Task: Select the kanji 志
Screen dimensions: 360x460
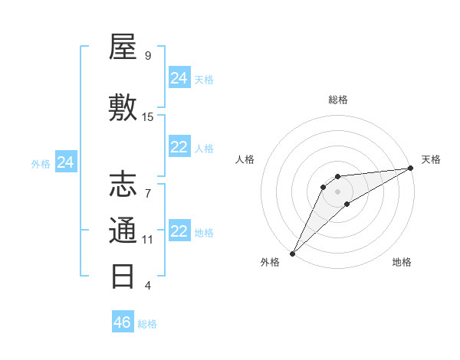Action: [x=123, y=185]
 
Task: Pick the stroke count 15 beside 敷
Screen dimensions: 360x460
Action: [x=148, y=117]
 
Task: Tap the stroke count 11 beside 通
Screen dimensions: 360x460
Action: [x=148, y=239]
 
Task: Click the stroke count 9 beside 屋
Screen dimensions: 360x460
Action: [x=148, y=56]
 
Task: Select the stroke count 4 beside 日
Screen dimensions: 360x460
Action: [x=148, y=285]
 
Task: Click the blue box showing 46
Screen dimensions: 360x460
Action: [x=123, y=322]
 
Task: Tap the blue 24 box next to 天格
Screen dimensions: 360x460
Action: [x=179, y=78]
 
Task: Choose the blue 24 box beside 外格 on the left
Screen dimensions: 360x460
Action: [x=66, y=162]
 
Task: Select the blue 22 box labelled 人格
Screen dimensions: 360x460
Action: [x=179, y=147]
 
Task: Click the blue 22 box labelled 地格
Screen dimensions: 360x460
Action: [x=179, y=231]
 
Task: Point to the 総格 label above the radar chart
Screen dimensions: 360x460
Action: [x=337, y=100]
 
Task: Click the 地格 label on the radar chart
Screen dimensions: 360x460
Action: [x=402, y=262]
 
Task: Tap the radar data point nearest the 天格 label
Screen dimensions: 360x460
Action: [x=411, y=168]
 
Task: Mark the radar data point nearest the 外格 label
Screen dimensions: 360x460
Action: [x=292, y=253]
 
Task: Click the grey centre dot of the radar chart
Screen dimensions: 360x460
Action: [x=337, y=191]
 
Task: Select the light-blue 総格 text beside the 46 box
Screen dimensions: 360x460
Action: [x=147, y=323]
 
